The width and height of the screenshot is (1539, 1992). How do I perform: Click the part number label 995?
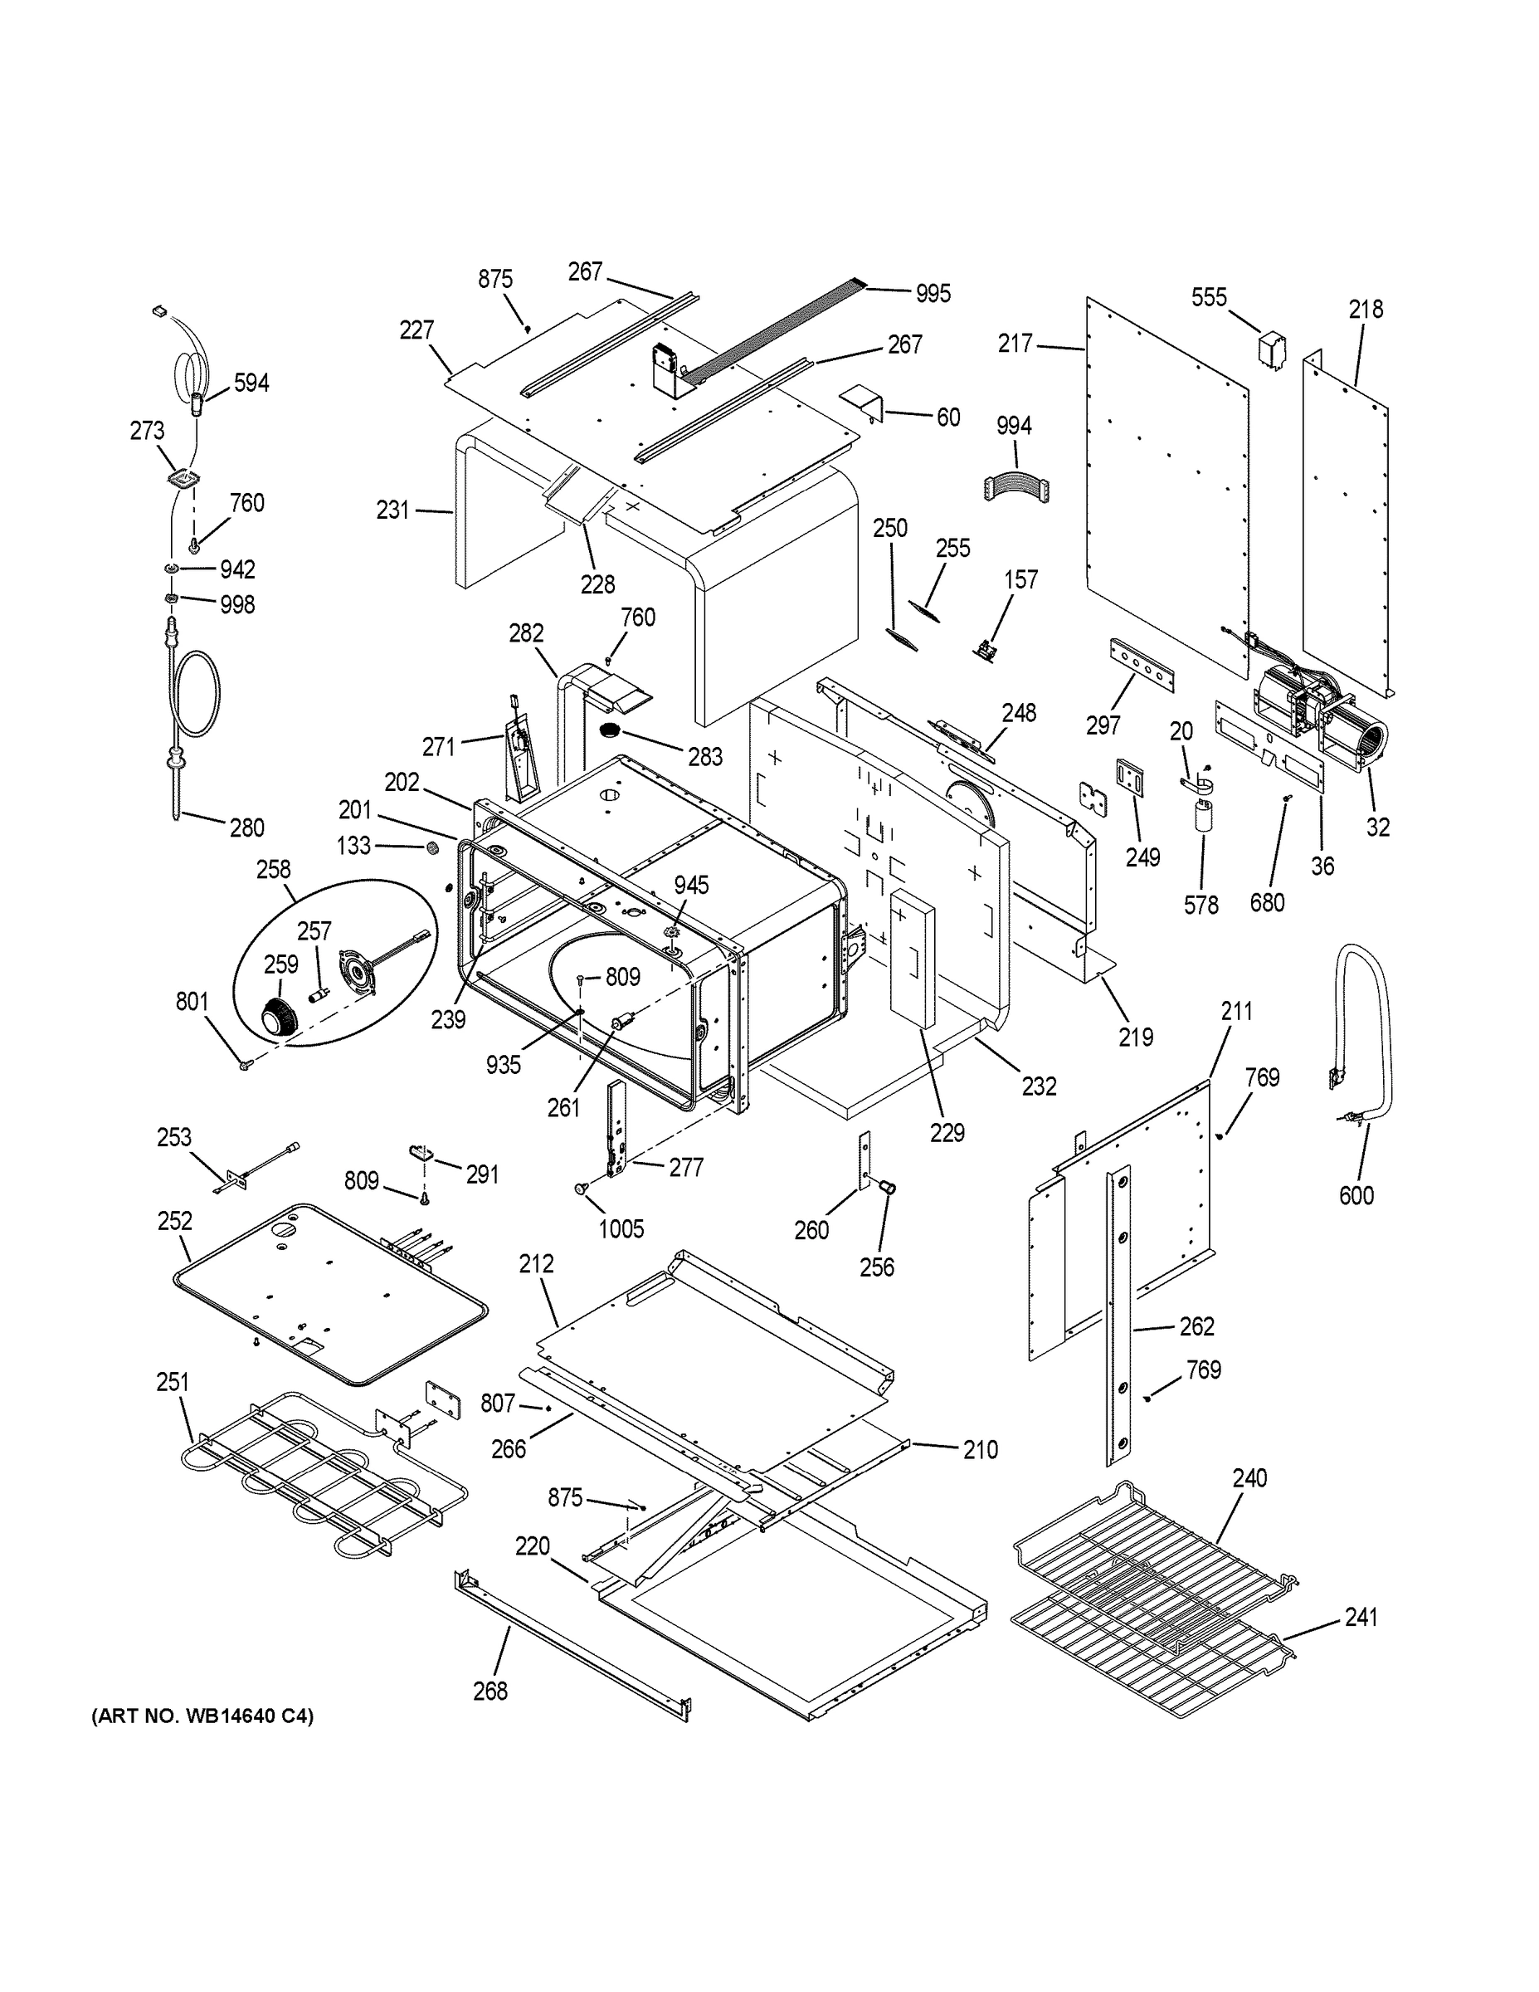pos(933,293)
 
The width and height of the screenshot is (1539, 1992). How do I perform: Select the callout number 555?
pos(1209,297)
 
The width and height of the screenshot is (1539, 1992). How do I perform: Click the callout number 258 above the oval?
pos(274,869)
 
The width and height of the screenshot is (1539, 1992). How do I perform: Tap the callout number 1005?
pos(621,1228)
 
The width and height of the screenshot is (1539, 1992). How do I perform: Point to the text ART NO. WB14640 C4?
pos(202,1716)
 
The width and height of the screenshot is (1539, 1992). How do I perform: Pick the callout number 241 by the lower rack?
pos(1361,1617)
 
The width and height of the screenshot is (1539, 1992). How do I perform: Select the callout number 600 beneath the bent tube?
pos(1356,1195)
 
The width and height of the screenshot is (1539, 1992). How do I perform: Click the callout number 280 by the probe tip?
pos(246,828)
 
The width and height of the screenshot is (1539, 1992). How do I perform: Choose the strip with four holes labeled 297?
pos(1142,666)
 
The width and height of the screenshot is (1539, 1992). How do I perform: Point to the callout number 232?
pos(1039,1086)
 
